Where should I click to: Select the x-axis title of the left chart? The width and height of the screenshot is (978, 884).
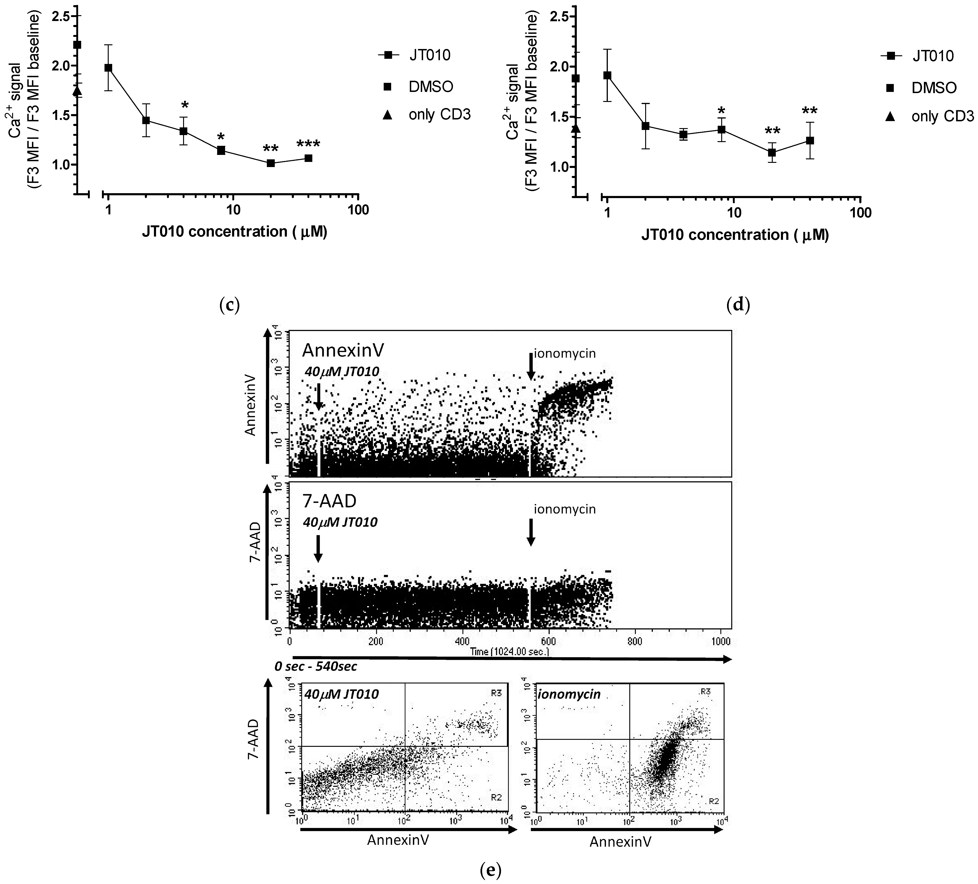[234, 232]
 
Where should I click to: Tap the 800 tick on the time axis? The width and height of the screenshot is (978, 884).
[634, 641]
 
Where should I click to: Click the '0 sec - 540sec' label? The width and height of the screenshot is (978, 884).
[315, 666]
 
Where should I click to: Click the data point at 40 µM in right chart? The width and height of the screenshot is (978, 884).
[809, 141]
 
